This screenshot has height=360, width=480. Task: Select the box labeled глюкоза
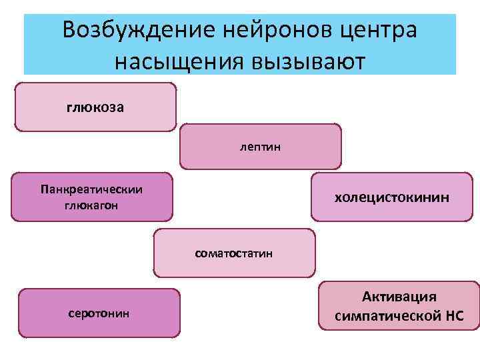point(95,107)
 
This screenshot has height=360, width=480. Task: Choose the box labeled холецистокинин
point(391,197)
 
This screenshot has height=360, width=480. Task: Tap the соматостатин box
point(234,253)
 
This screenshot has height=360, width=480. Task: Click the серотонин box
point(99,313)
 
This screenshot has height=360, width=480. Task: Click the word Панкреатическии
point(91,189)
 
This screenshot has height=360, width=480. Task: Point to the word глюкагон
point(91,205)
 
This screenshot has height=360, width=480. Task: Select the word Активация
point(399,297)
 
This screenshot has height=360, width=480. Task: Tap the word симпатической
point(386,315)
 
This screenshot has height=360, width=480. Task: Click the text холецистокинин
point(391,197)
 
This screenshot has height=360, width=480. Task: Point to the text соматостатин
point(234,253)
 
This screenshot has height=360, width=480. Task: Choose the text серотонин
point(99,313)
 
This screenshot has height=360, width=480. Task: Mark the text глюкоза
point(95,107)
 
